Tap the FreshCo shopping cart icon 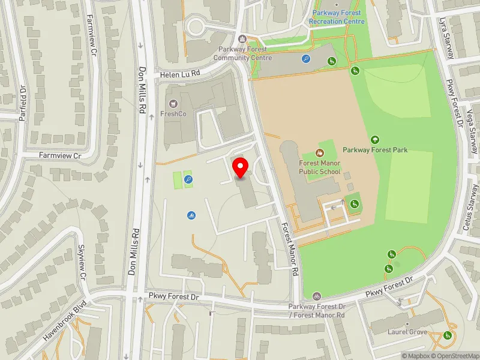tap(173, 104)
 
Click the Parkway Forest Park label tap(375, 149)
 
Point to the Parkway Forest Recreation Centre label tap(337, 17)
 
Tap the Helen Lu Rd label tap(179, 75)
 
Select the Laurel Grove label tap(407, 331)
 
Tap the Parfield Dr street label tap(22, 103)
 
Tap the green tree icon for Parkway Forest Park tap(376, 139)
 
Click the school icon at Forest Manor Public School tap(320, 153)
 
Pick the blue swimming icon tap(191, 214)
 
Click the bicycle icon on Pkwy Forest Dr tap(316, 296)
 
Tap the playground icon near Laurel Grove tap(447, 335)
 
